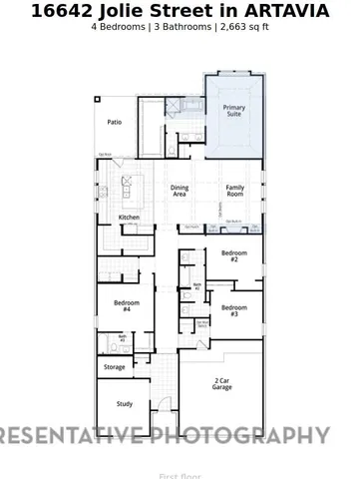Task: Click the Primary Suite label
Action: [x=234, y=111]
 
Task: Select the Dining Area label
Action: [x=180, y=191]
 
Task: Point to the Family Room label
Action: [x=235, y=191]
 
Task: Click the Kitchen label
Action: [x=130, y=218]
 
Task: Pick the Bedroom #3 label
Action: [x=234, y=310]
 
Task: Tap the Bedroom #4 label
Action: [x=124, y=305]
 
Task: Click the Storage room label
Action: [x=115, y=367]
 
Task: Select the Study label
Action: [x=124, y=404]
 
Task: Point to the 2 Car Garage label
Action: [x=221, y=384]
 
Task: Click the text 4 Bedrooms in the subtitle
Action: [x=119, y=27]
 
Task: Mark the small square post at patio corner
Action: [x=98, y=99]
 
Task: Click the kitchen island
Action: [x=128, y=187]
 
